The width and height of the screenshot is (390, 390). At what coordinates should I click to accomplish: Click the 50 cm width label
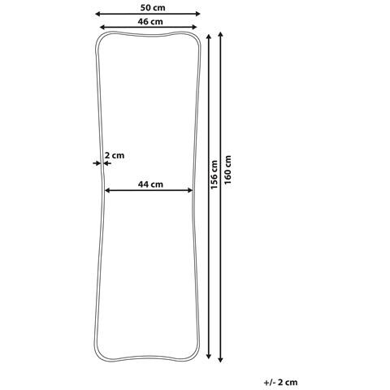(153, 7)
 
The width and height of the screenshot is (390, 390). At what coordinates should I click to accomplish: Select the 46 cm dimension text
(150, 22)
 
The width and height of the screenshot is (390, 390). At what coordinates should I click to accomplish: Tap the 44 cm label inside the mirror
(150, 184)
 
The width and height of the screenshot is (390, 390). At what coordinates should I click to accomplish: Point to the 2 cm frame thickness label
(115, 155)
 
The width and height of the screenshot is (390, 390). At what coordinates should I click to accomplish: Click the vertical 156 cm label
(214, 175)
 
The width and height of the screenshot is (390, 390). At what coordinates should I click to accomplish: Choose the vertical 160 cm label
(227, 170)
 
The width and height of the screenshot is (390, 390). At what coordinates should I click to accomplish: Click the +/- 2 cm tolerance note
(280, 382)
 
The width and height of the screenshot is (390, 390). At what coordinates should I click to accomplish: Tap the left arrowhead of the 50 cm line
(97, 14)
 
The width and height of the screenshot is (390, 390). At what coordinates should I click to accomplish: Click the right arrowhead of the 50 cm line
(197, 14)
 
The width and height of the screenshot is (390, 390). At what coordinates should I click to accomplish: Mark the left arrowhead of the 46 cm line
(102, 27)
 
